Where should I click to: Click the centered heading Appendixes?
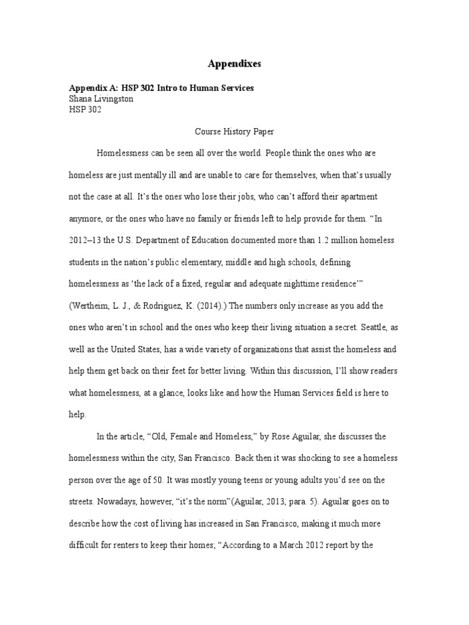click(234, 63)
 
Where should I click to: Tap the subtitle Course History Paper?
click(234, 131)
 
